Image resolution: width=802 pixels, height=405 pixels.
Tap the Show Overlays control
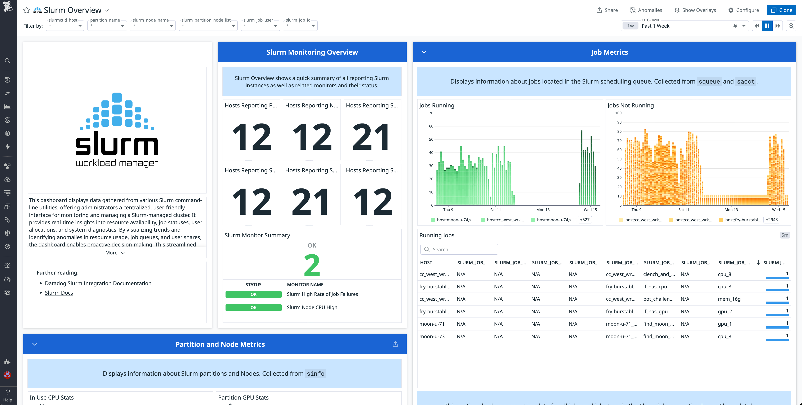695,10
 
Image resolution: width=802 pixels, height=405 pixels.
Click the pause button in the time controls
767,26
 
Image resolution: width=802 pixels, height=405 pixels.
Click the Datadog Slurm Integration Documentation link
98,283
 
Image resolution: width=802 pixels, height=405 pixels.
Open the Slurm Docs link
59,293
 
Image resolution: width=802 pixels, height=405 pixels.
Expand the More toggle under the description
115,253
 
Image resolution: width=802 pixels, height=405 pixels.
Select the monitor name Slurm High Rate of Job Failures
322,294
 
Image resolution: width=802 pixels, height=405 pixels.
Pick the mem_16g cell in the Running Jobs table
729,299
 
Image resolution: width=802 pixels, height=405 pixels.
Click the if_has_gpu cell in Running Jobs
655,311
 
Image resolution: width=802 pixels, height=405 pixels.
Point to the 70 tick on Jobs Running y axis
431,113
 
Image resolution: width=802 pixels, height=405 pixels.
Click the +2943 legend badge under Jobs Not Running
772,220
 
